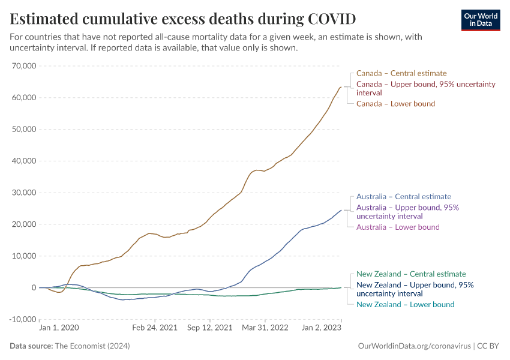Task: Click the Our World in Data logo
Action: [480, 20]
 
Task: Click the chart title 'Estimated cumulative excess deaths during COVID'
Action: [183, 18]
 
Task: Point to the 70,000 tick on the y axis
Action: [25, 66]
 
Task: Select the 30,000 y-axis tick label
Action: [25, 193]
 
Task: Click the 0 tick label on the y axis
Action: [34, 288]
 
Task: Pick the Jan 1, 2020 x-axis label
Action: [59, 328]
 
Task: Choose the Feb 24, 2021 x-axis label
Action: [155, 328]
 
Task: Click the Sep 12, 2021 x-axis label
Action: [210, 328]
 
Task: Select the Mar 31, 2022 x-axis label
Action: [265, 328]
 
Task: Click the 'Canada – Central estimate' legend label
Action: [401, 73]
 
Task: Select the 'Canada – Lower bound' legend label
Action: [395, 104]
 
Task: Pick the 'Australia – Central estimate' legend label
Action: [404, 196]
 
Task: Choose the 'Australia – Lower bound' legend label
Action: [398, 227]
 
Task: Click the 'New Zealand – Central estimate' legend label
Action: [411, 274]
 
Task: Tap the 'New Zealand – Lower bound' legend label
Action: [406, 304]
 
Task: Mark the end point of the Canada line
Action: [341, 87]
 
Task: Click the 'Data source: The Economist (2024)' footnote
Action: [70, 346]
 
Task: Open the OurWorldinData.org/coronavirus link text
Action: [413, 346]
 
